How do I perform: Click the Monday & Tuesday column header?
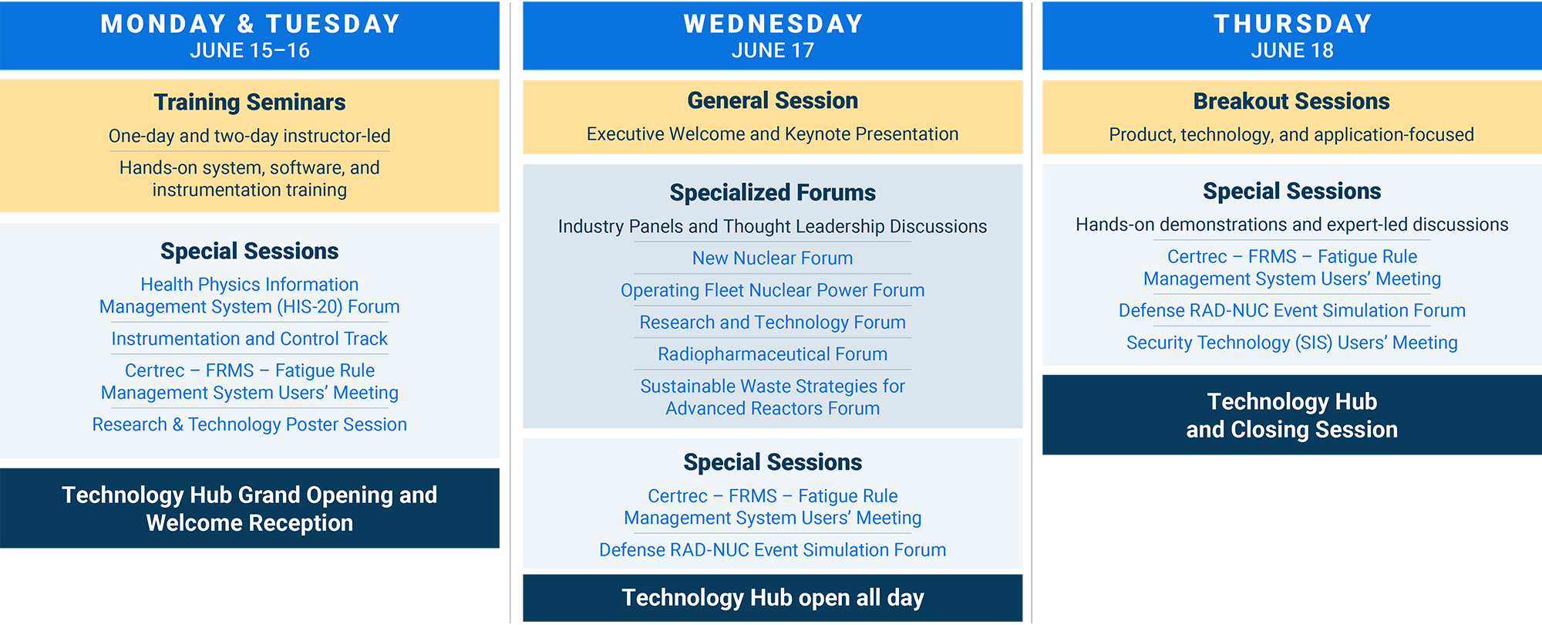pyautogui.click(x=250, y=25)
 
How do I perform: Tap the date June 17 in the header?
pyautogui.click(x=773, y=51)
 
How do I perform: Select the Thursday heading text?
pyautogui.click(x=1292, y=24)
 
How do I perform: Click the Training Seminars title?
pyautogui.click(x=250, y=102)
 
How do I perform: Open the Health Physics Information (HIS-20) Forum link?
pyautogui.click(x=250, y=296)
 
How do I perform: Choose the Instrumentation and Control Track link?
pyautogui.click(x=250, y=339)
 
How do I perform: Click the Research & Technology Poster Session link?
pyautogui.click(x=250, y=424)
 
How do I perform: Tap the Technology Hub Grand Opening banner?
pyautogui.click(x=250, y=508)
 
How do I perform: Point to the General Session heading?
pyautogui.click(x=773, y=100)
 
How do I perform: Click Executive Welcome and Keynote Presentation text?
pyautogui.click(x=773, y=134)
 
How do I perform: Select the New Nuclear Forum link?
pyautogui.click(x=773, y=258)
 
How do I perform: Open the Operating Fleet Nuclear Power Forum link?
pyautogui.click(x=773, y=290)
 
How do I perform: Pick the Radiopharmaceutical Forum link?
pyautogui.click(x=773, y=354)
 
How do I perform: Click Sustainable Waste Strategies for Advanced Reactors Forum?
pyautogui.click(x=773, y=397)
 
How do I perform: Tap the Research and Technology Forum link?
pyautogui.click(x=773, y=323)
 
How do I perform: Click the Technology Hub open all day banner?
pyautogui.click(x=773, y=597)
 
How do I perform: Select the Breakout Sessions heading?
pyautogui.click(x=1292, y=101)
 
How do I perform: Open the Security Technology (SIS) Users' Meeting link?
pyautogui.click(x=1292, y=343)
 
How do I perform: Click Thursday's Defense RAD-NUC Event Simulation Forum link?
pyautogui.click(x=1292, y=311)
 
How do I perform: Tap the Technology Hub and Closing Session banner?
pyautogui.click(x=1292, y=415)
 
